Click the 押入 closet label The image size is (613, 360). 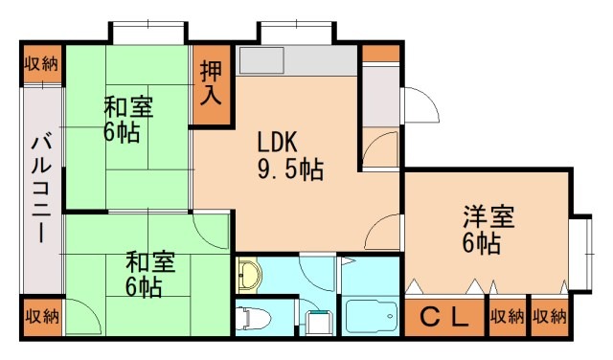pos(211,83)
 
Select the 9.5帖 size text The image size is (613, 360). pos(288,170)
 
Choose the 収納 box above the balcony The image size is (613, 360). pos(41,65)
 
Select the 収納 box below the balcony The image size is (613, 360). pos(41,316)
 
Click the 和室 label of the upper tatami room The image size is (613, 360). pos(128,105)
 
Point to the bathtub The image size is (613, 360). pos(368,317)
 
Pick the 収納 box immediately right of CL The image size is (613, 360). pos(508,317)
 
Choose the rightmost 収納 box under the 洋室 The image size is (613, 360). pos(550,317)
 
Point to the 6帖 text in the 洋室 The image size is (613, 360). pos(482,245)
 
